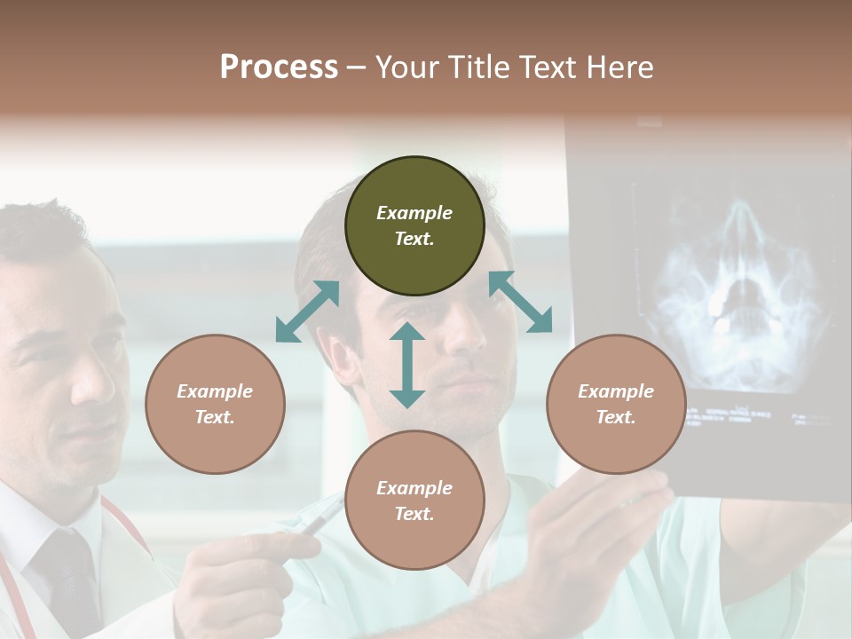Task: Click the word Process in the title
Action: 279,67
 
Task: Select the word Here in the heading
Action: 619,67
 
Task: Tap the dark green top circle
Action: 414,226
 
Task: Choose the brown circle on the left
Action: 215,404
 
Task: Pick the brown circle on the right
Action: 616,404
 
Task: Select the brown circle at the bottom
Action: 414,501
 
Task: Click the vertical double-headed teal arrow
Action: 407,365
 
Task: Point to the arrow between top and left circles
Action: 307,312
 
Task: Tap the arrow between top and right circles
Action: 521,302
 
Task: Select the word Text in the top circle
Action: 414,239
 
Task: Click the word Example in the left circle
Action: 215,391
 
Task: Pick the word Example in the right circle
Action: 616,391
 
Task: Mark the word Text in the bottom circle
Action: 414,514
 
